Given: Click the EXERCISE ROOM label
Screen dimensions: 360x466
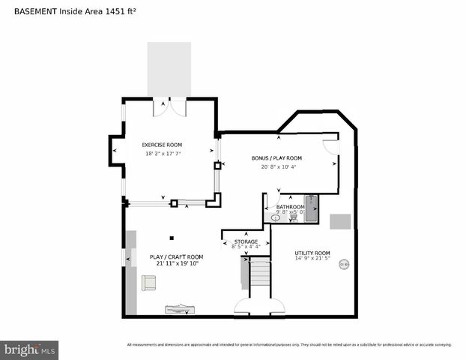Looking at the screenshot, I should point(162,145).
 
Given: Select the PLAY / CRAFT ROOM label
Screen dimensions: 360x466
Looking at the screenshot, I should point(176,256).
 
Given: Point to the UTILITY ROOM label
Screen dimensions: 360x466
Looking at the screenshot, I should point(312,253).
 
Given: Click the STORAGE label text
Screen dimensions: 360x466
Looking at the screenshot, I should point(246,241).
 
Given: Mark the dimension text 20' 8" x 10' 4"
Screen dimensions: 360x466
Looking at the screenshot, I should point(279,166).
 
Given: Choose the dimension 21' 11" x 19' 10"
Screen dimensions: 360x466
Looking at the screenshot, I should point(176,264).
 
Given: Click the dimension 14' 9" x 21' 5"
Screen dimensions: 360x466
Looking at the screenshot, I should point(312,259).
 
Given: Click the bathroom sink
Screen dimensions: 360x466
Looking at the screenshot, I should point(276,218).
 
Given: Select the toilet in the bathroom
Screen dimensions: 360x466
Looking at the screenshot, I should point(293,217).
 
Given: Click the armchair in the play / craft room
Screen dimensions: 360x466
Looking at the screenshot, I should point(148,283).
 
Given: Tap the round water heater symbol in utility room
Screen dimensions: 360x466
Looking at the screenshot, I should point(344,263).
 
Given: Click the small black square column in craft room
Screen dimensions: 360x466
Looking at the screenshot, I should point(172,238).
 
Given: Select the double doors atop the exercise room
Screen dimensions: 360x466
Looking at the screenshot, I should point(169,107).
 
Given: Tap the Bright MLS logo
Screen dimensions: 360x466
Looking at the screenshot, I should point(30,349).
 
